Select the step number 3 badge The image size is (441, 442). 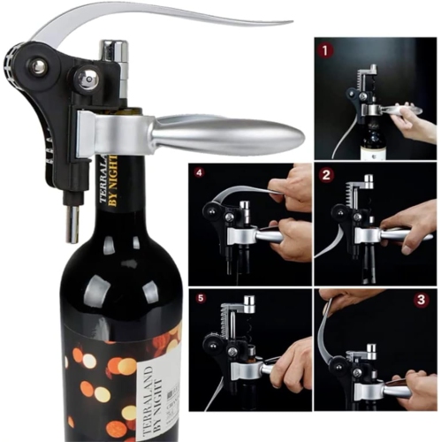pyautogui.click(x=421, y=299)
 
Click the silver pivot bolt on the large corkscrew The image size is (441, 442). pyautogui.click(x=40, y=66)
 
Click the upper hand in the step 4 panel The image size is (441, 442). pyautogui.click(x=292, y=184)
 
